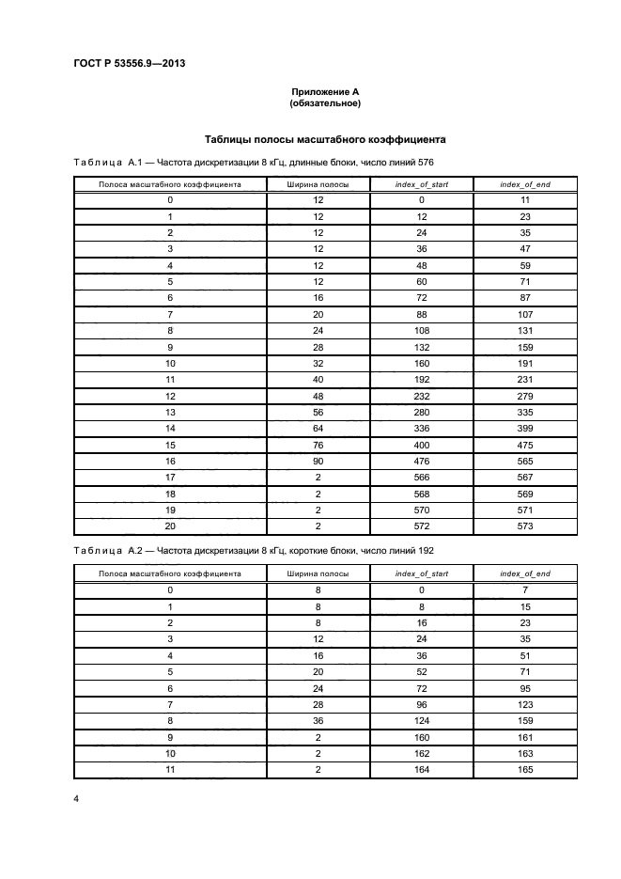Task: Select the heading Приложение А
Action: [x=325, y=91]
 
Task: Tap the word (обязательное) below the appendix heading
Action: [x=325, y=103]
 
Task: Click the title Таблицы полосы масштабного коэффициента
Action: [x=325, y=139]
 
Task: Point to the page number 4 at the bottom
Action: [x=76, y=798]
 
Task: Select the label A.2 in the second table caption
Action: [x=134, y=550]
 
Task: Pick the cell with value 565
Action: [x=525, y=461]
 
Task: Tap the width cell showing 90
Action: [x=318, y=461]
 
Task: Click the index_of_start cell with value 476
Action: [x=422, y=461]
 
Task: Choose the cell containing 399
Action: [x=525, y=428]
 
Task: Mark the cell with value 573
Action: [x=525, y=526]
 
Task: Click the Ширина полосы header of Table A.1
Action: [x=318, y=184]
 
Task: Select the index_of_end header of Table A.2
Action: [x=525, y=573]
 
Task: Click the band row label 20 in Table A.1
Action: [x=170, y=526]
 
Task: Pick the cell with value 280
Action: [x=422, y=412]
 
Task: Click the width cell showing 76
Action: [x=318, y=445]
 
